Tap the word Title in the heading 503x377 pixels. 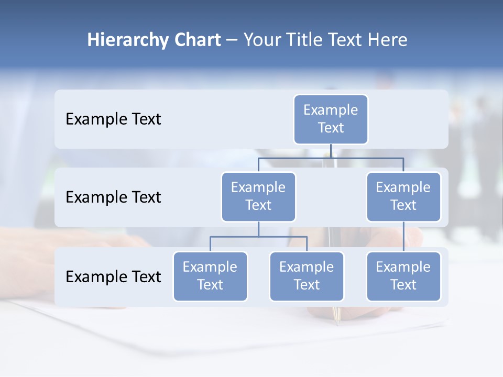pyautogui.click(x=303, y=40)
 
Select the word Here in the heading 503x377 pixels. pyautogui.click(x=388, y=40)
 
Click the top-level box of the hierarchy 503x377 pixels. pyautogui.click(x=331, y=119)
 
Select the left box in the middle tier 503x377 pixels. pyautogui.click(x=258, y=197)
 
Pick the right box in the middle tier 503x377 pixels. pyautogui.click(x=403, y=197)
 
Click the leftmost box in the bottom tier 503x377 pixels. pyautogui.click(x=210, y=276)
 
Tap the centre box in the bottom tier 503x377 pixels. pyautogui.click(x=307, y=276)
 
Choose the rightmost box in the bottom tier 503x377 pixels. pyautogui.click(x=403, y=276)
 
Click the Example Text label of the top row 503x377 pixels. pyautogui.click(x=113, y=119)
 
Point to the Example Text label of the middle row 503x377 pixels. pyautogui.click(x=113, y=197)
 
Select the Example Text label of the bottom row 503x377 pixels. pyautogui.click(x=113, y=276)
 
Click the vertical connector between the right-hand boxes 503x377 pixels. pyautogui.click(x=403, y=237)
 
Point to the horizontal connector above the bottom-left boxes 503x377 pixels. pyautogui.click(x=258, y=237)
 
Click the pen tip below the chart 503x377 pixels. pyautogui.click(x=338, y=319)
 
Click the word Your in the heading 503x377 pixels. pyautogui.click(x=262, y=40)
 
